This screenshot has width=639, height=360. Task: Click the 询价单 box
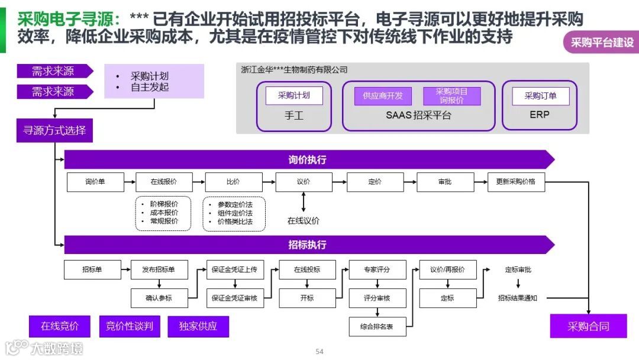click(95, 182)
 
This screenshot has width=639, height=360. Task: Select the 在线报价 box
click(164, 182)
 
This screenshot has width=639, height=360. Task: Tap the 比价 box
click(233, 182)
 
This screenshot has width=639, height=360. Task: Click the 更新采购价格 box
click(516, 182)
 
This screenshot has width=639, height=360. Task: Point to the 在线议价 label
click(304, 221)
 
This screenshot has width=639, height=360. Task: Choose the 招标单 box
click(92, 269)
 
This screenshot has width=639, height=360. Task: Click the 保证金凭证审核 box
click(234, 298)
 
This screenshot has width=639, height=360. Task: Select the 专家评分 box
click(377, 269)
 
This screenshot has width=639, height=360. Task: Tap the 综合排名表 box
click(377, 326)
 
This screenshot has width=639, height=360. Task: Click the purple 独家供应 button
click(198, 326)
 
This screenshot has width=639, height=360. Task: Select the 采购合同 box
click(588, 326)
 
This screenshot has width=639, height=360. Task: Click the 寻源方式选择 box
click(54, 130)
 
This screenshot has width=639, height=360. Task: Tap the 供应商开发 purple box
click(383, 96)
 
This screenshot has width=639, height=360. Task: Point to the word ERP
click(540, 115)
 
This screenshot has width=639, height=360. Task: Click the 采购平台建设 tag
click(602, 43)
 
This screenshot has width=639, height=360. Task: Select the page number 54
click(319, 352)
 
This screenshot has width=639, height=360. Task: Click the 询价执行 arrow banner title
click(307, 160)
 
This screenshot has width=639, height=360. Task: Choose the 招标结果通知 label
click(518, 298)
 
